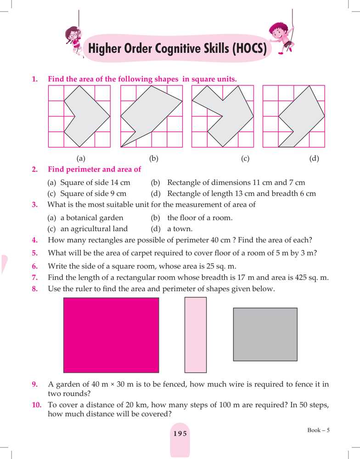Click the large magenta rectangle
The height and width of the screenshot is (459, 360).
click(111, 335)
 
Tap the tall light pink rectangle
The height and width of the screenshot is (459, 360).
click(196, 335)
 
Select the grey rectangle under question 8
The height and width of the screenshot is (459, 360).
click(265, 334)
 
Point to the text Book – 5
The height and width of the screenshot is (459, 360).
click(319, 430)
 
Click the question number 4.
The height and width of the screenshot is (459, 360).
click(35, 240)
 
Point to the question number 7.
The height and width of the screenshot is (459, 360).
click(35, 278)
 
